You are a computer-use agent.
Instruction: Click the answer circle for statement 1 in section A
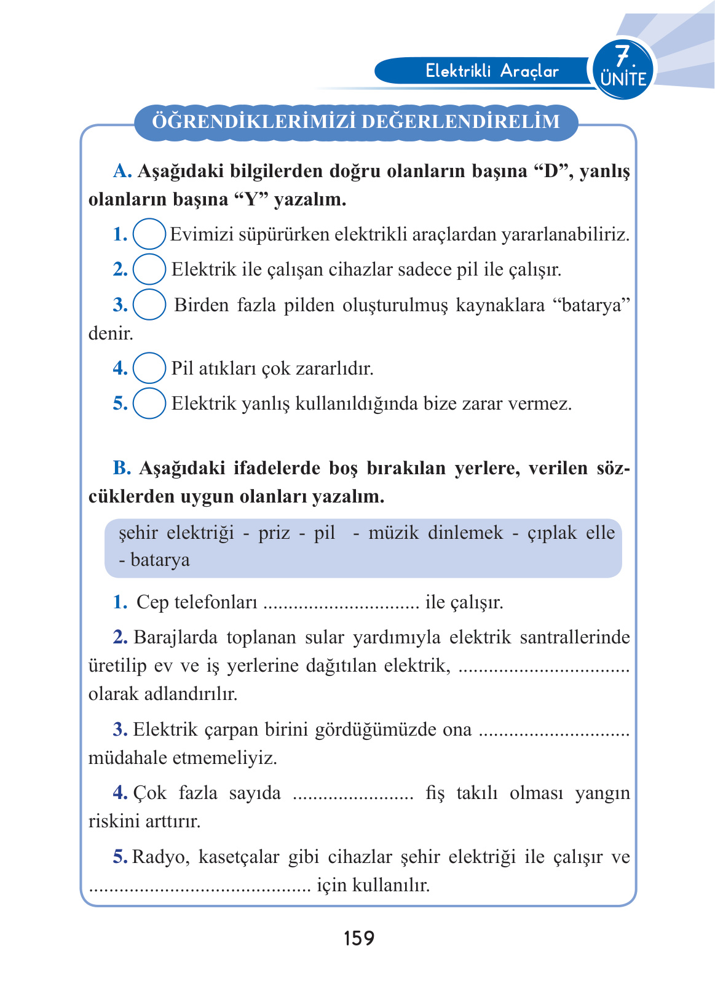tap(149, 234)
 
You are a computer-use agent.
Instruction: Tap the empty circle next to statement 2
tap(149, 269)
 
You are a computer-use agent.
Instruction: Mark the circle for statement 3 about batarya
tap(149, 304)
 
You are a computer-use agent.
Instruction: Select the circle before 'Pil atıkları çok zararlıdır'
tap(149, 368)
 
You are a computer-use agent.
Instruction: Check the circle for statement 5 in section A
tap(149, 403)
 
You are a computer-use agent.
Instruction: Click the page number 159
tap(358, 938)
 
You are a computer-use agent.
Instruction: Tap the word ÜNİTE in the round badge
tap(623, 79)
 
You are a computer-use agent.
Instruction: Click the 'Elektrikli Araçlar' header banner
tap(492, 71)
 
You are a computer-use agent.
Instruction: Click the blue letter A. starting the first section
tap(122, 171)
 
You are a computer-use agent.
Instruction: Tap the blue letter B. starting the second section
tap(122, 468)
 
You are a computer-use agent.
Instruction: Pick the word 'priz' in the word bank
tap(274, 533)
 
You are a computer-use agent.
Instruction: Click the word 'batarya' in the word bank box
tap(160, 560)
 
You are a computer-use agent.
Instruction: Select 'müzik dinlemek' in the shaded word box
tap(435, 533)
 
